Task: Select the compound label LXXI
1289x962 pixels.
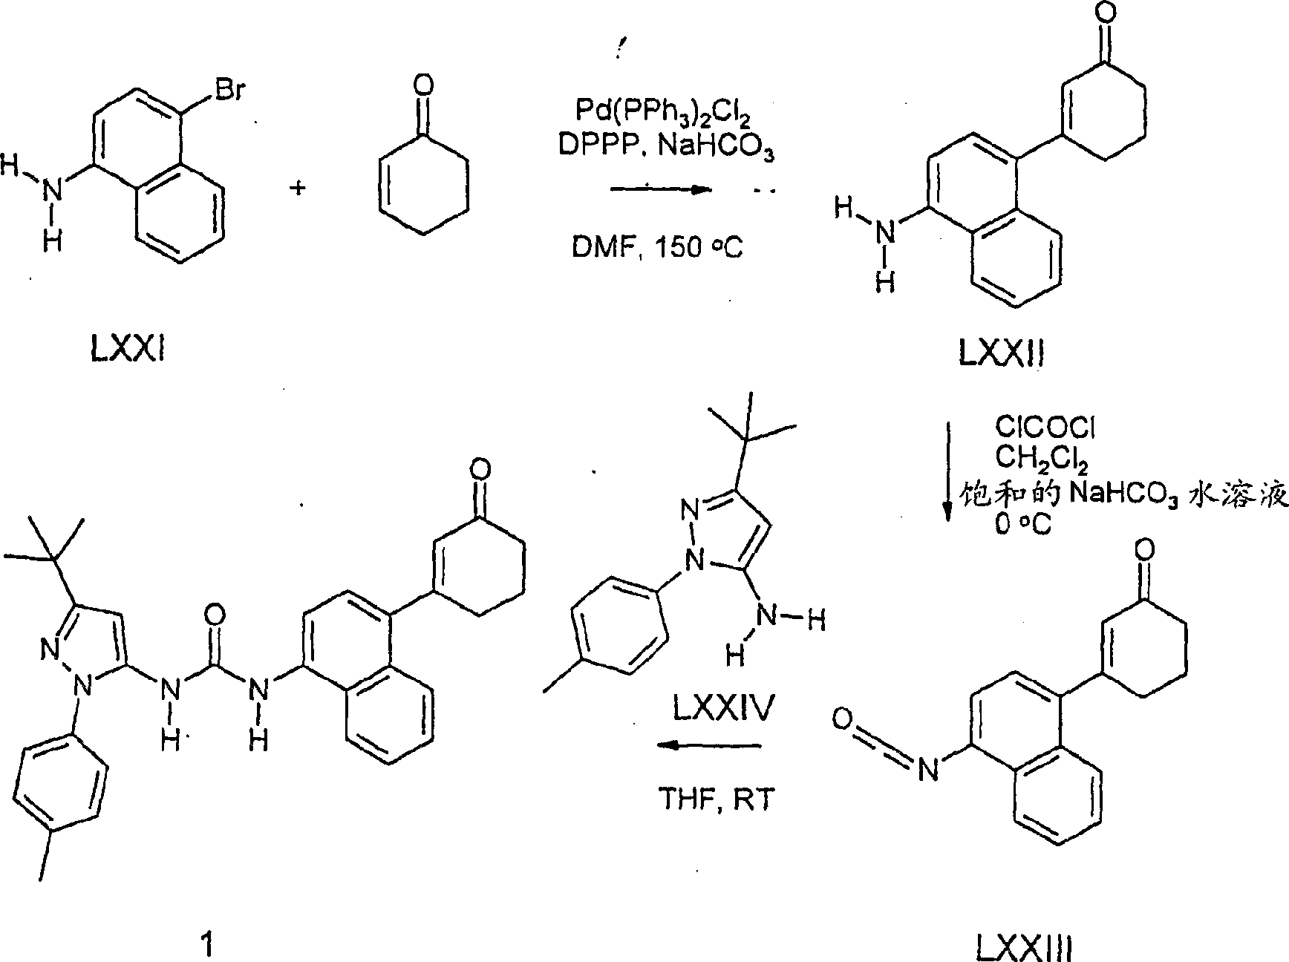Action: coord(127,348)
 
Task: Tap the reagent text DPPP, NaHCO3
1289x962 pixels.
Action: coord(666,149)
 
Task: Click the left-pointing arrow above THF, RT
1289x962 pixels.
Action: coord(710,745)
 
